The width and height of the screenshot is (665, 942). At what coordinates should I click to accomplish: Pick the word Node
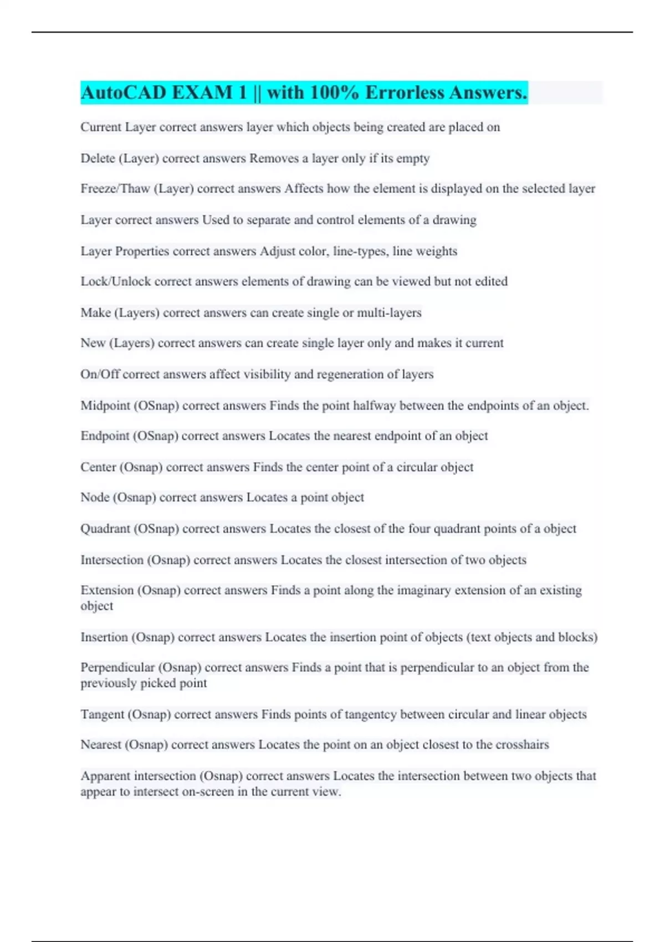[x=95, y=498]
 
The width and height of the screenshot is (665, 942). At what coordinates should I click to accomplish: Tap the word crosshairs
[x=522, y=745]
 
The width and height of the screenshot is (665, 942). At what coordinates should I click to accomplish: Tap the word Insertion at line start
[x=104, y=637]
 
